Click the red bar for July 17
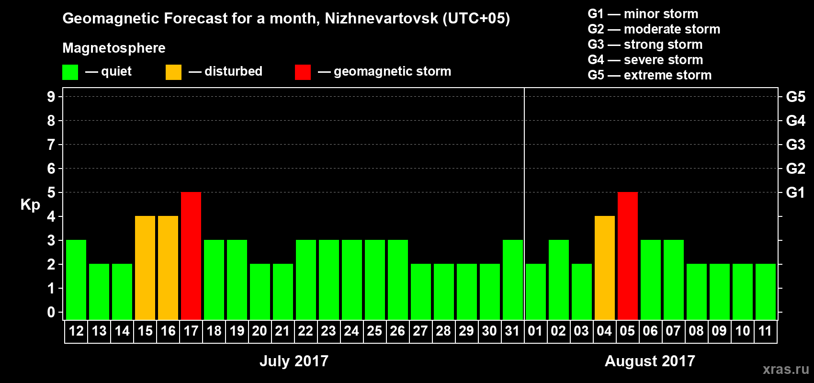191,256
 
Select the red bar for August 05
628,256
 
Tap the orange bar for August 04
605,268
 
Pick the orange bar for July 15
145,268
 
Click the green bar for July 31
513,280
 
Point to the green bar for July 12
76,280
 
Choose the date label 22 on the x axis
305,331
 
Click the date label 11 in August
765,331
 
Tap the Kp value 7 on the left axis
51,145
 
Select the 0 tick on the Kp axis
51,312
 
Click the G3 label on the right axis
795,145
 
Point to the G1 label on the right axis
795,192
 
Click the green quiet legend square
70,72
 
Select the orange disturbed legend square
174,72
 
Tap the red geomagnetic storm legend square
303,72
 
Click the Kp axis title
30,204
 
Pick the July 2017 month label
294,361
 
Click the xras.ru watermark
786,369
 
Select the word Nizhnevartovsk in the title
381,18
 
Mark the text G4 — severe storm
645,60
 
